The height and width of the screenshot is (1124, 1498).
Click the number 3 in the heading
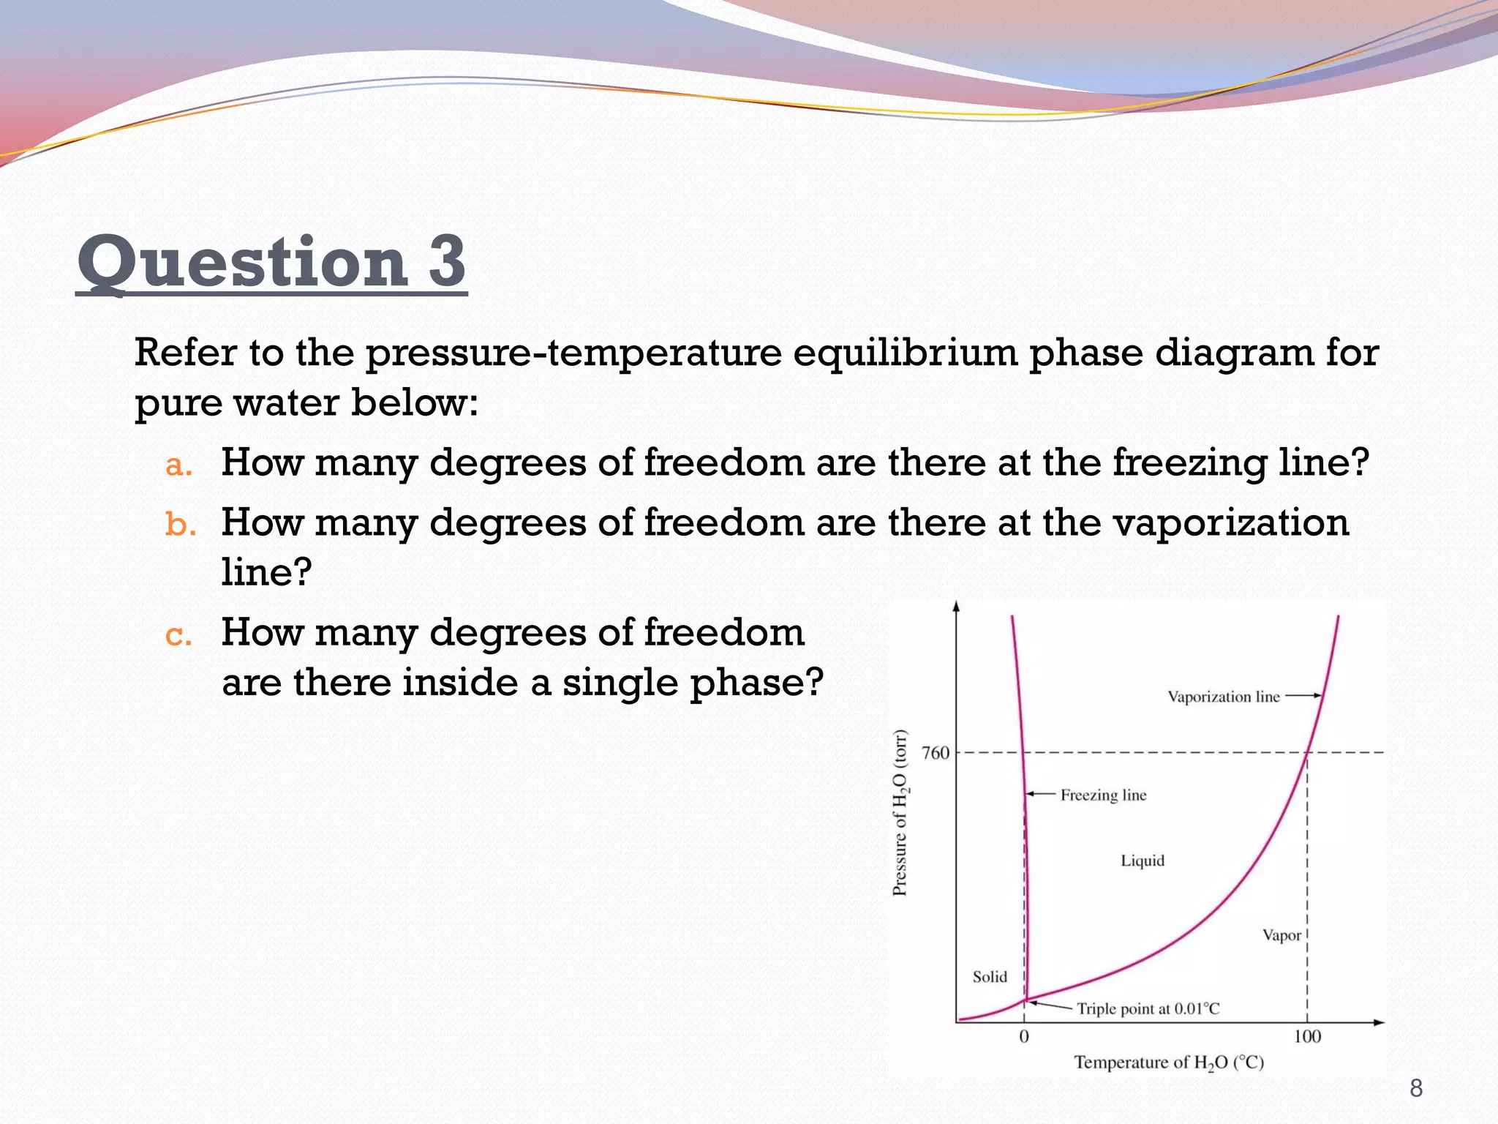pyautogui.click(x=447, y=262)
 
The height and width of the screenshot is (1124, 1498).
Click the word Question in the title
pyautogui.click(x=242, y=263)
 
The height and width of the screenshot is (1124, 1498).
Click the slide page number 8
pyautogui.click(x=1416, y=1088)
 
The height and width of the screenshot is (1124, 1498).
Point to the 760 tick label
pyautogui.click(x=935, y=753)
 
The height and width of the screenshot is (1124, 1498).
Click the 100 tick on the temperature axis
pyautogui.click(x=1307, y=1036)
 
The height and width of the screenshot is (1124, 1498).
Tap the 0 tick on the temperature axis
pyautogui.click(x=1024, y=1036)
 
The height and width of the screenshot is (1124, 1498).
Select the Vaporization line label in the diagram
pyautogui.click(x=1223, y=697)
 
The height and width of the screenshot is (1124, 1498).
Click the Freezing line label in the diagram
pyautogui.click(x=1103, y=795)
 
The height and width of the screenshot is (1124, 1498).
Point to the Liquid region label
pyautogui.click(x=1143, y=861)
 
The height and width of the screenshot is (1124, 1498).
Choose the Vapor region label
pyautogui.click(x=1281, y=935)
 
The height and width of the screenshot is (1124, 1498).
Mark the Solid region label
pyautogui.click(x=990, y=977)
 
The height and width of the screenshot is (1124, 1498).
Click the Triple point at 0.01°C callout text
pyautogui.click(x=1148, y=1009)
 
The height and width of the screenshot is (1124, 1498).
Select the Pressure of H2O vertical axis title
pyautogui.click(x=900, y=812)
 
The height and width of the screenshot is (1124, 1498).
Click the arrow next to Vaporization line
pyautogui.click(x=1303, y=696)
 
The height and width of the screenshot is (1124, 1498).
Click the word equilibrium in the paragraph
pyautogui.click(x=905, y=353)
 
